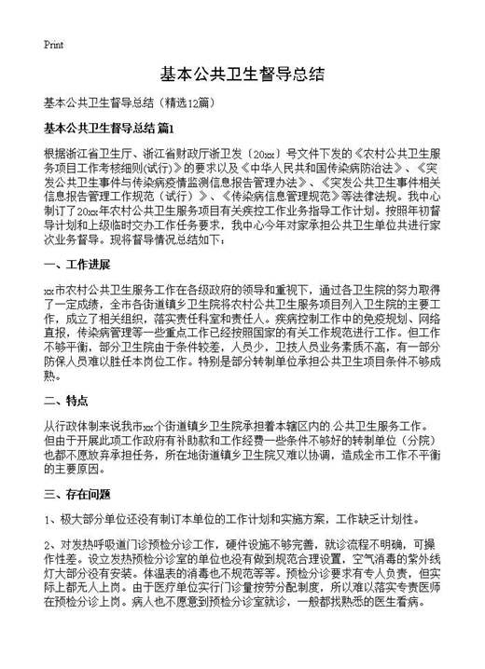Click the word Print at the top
pyautogui.click(x=53, y=44)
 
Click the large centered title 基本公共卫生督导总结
pyautogui.click(x=242, y=75)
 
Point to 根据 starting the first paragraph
pyautogui.click(x=54, y=151)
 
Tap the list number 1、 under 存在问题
pyautogui.click(x=51, y=519)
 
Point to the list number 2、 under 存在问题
pyautogui.click(x=51, y=545)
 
